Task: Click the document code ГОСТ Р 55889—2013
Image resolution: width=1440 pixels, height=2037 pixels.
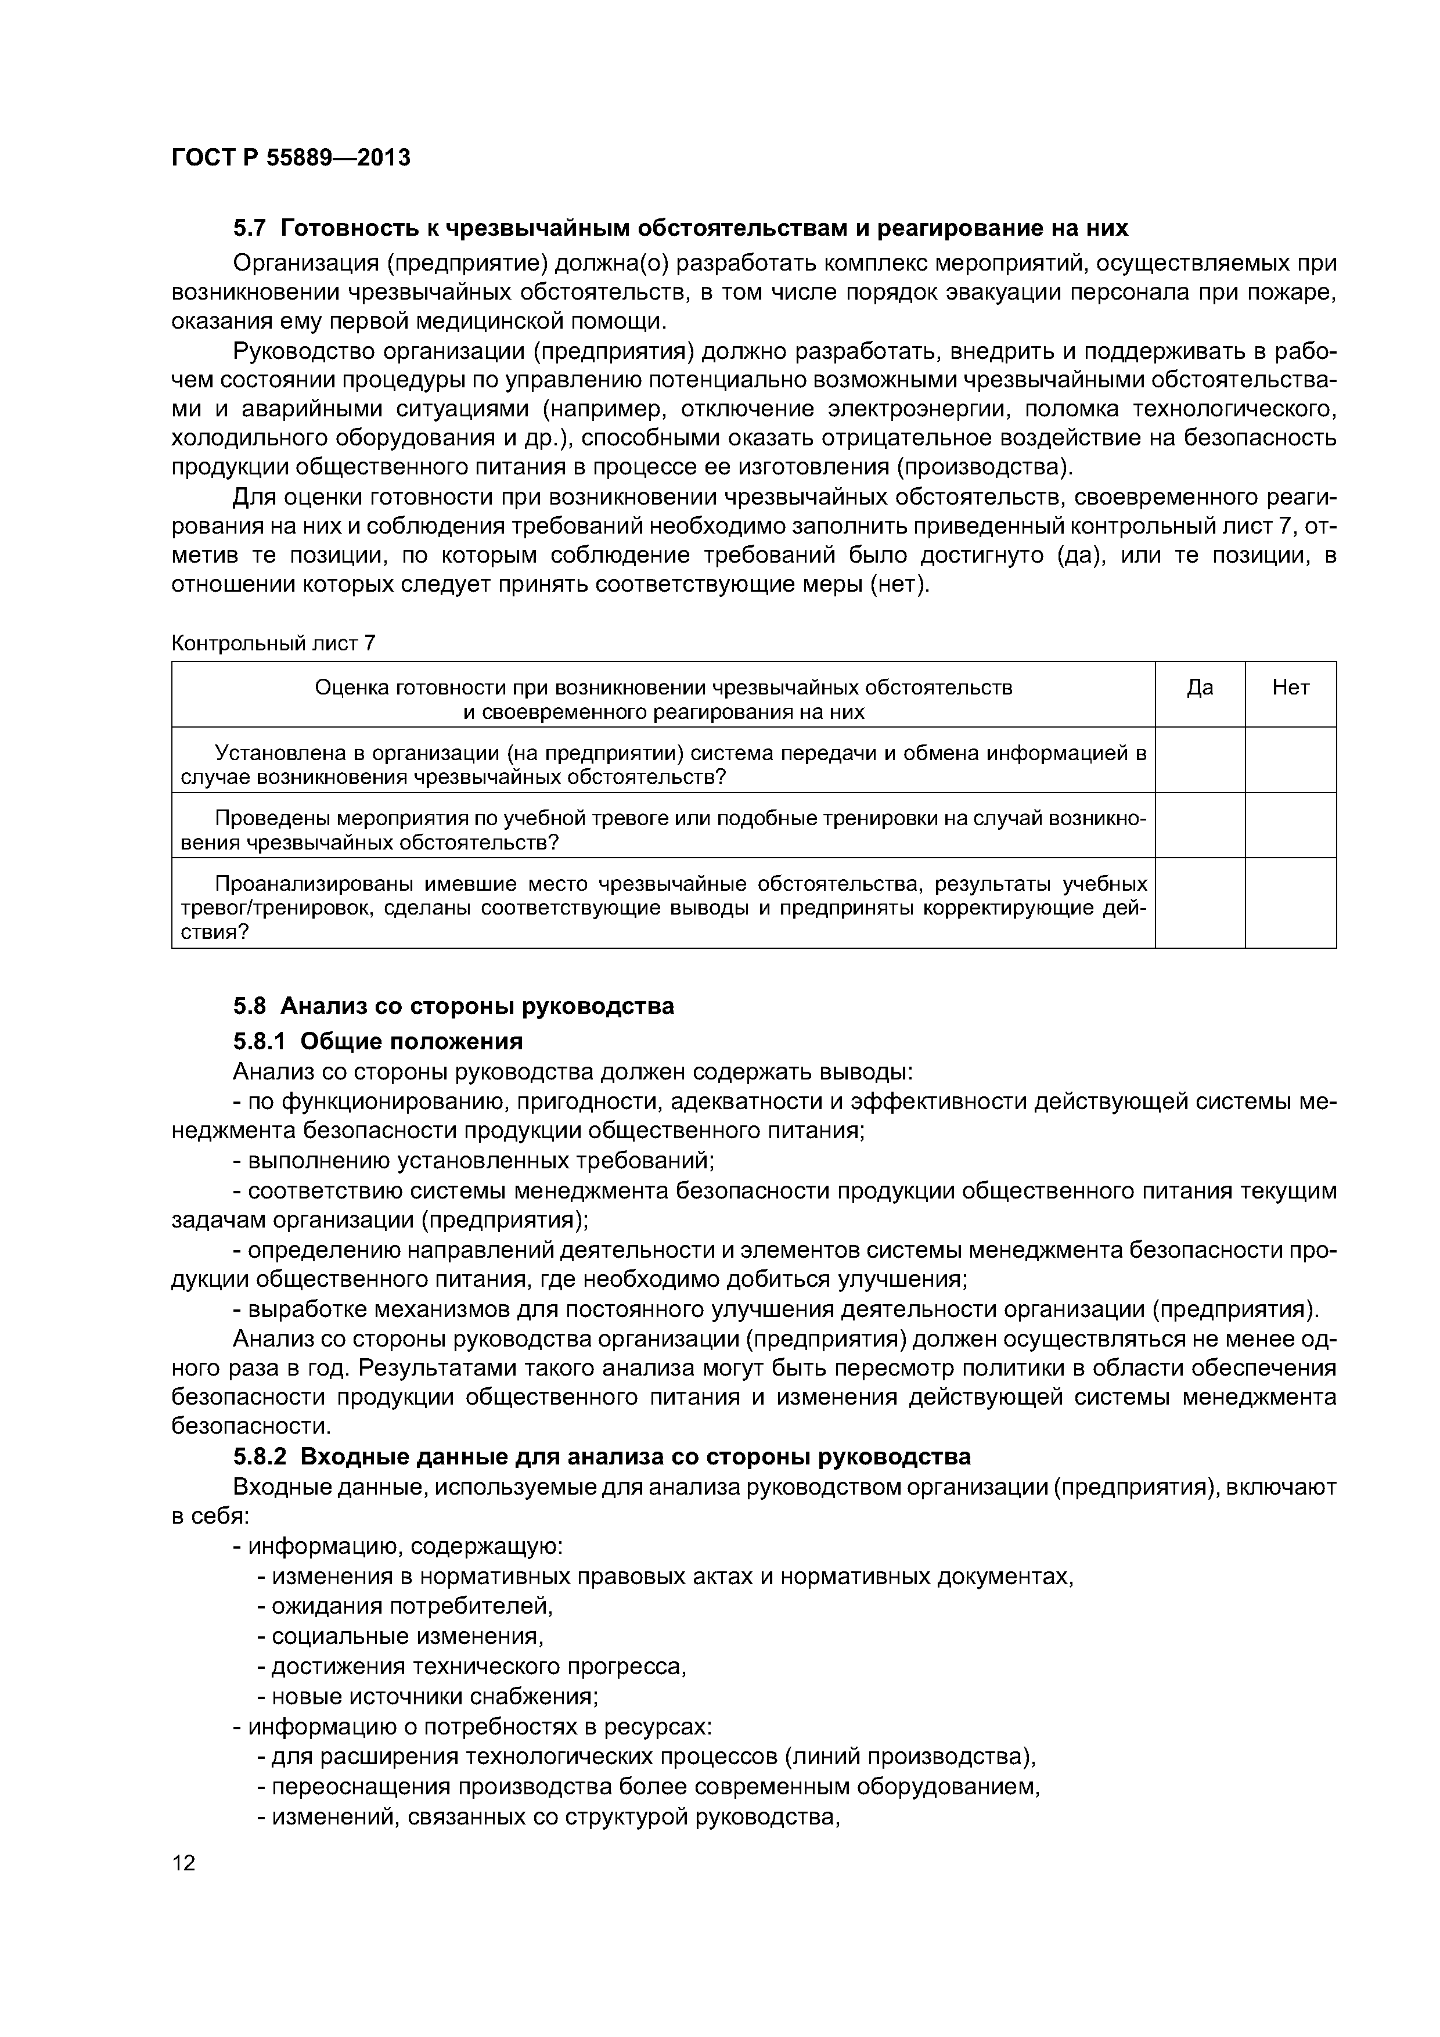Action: pos(290,158)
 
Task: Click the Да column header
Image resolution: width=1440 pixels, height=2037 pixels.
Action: pos(1200,688)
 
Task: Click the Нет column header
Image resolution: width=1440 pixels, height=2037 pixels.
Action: pos(1290,688)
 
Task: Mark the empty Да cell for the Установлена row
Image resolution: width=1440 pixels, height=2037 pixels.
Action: pos(1200,760)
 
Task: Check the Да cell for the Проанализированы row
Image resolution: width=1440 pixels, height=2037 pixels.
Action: pos(1200,902)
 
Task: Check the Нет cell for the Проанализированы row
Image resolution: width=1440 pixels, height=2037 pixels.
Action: pos(1290,902)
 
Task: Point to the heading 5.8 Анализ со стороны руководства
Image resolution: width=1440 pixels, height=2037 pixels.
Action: pos(453,1006)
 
